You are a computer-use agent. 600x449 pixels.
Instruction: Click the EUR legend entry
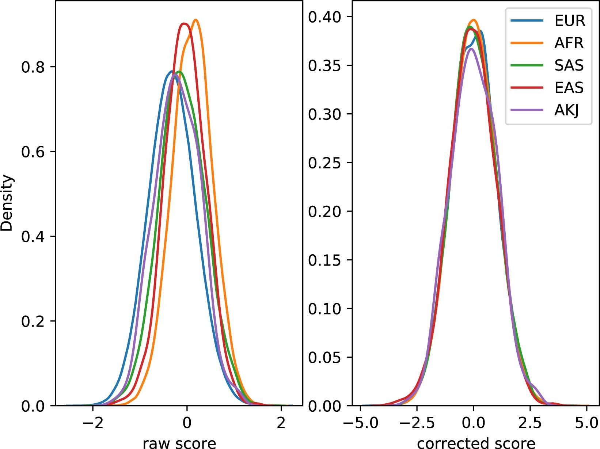(x=569, y=21)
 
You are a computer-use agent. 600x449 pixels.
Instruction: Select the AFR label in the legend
(x=569, y=43)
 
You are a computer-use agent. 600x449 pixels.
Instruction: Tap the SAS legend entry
(x=569, y=65)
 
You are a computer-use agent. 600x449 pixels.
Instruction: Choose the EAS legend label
(x=569, y=88)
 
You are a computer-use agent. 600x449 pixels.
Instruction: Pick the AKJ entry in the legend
(x=566, y=110)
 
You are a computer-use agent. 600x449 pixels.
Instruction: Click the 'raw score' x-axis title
(x=179, y=442)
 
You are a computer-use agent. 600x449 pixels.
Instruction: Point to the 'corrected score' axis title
(x=476, y=442)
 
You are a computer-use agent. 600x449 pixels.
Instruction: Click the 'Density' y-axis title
(x=7, y=203)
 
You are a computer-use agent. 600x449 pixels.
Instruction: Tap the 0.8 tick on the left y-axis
(x=33, y=67)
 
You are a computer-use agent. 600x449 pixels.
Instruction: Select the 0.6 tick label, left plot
(x=33, y=152)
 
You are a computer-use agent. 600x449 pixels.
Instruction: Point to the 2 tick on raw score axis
(x=281, y=423)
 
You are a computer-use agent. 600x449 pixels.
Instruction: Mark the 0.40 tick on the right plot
(x=325, y=17)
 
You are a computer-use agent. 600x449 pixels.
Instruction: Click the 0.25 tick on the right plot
(x=325, y=163)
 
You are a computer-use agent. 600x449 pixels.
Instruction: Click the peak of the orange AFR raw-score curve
(x=196, y=20)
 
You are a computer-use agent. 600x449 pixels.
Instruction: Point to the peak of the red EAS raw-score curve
(x=184, y=24)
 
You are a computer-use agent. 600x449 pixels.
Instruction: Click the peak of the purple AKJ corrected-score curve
(x=471, y=49)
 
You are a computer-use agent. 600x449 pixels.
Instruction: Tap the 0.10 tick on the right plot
(x=325, y=309)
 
